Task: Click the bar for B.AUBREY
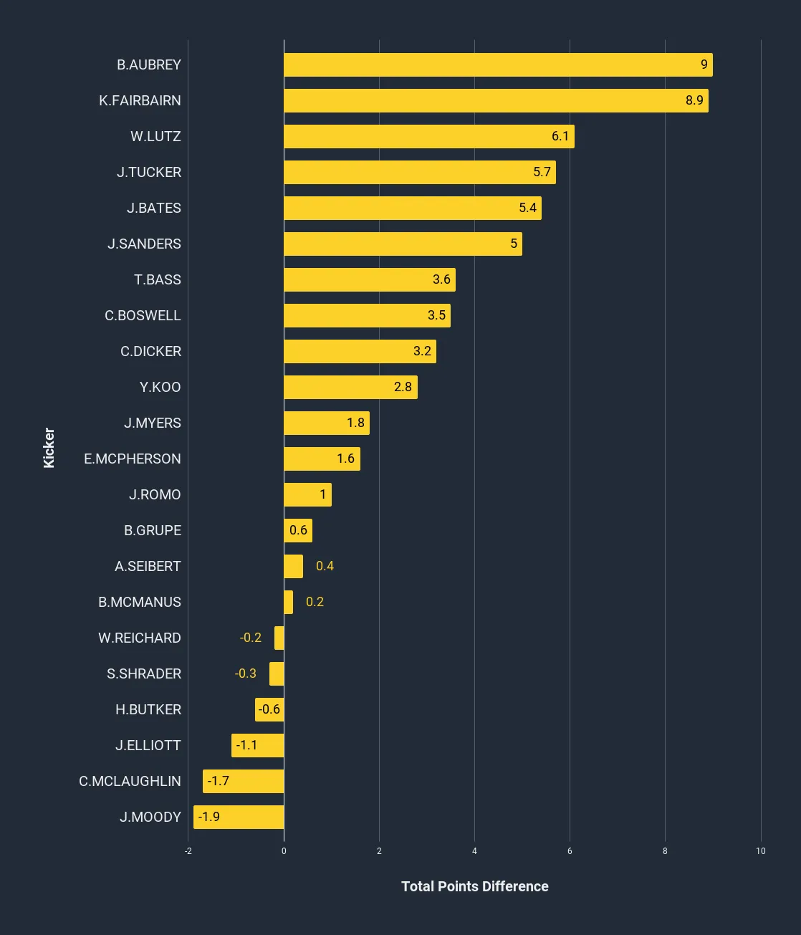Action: click(498, 64)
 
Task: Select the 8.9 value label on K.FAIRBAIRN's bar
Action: click(694, 100)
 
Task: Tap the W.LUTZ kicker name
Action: click(155, 136)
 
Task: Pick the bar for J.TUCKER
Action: click(419, 172)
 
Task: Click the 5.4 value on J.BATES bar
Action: click(527, 208)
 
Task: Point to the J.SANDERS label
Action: click(144, 244)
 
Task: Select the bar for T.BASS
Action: click(369, 279)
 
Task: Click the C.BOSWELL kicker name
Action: click(143, 315)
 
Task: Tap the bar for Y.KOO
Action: click(350, 387)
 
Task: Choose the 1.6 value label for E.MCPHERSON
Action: click(345, 459)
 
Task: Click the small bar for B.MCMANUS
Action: click(288, 602)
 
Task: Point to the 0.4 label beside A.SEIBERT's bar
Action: click(325, 566)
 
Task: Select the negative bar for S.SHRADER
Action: click(277, 673)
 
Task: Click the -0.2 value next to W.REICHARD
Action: click(250, 638)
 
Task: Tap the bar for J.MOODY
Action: click(239, 817)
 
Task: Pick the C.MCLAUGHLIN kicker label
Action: click(130, 781)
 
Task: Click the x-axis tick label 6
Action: click(570, 851)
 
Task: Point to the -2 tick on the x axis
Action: click(188, 851)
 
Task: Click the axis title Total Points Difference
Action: click(474, 886)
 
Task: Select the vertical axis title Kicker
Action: click(49, 448)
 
